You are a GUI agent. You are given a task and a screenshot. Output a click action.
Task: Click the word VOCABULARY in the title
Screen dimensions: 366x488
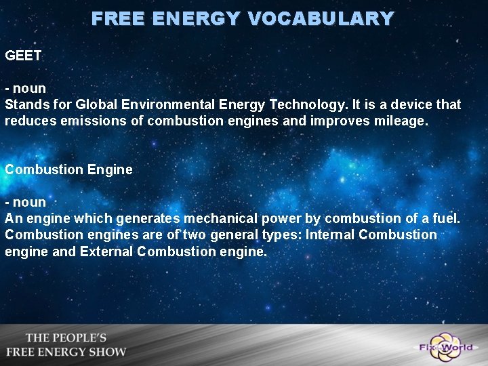click(321, 18)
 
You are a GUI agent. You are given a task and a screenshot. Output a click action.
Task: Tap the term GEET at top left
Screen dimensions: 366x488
click(24, 56)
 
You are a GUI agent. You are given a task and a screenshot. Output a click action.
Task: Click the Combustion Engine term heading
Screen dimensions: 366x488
click(68, 169)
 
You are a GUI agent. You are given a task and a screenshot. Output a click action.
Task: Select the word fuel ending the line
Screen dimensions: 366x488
click(447, 219)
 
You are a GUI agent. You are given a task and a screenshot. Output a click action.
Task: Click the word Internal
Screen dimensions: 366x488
click(330, 235)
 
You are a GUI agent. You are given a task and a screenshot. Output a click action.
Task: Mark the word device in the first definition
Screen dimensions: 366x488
click(413, 105)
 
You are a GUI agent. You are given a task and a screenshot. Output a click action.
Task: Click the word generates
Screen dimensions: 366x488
click(147, 219)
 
